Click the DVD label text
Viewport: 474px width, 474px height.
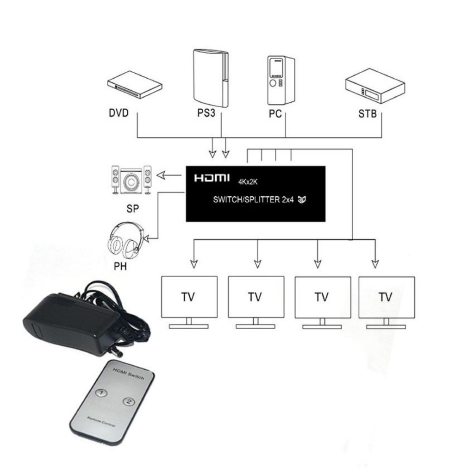[x=119, y=113]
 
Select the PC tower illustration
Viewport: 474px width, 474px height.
[x=281, y=80]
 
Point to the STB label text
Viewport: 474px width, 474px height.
[x=368, y=114]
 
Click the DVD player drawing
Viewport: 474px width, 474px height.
[x=135, y=84]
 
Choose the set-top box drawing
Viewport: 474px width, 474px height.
[x=375, y=86]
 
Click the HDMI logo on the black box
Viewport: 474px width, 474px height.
[x=212, y=178]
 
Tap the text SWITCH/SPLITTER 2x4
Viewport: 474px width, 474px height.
[x=253, y=200]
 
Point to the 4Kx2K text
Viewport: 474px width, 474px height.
[x=248, y=182]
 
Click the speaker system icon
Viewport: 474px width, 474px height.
[x=131, y=180]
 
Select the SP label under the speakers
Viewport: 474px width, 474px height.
[x=133, y=209]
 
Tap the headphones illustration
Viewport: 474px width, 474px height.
[x=125, y=240]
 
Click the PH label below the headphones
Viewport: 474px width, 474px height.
[x=120, y=266]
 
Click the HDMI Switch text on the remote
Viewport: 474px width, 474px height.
[x=129, y=374]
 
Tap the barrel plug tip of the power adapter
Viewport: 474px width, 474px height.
[x=116, y=352]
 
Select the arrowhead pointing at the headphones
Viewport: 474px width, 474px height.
[x=147, y=238]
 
